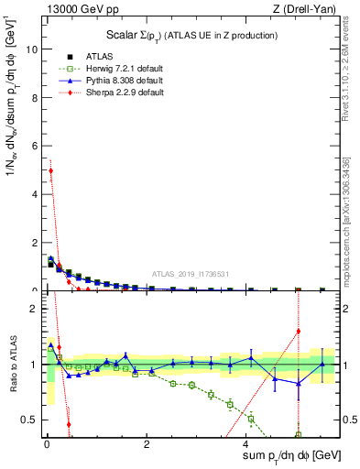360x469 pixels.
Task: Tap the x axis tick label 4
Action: (246, 443)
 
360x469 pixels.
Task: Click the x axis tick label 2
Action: (147, 443)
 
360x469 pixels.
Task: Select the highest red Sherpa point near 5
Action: (50, 170)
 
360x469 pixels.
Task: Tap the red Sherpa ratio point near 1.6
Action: (298, 331)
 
